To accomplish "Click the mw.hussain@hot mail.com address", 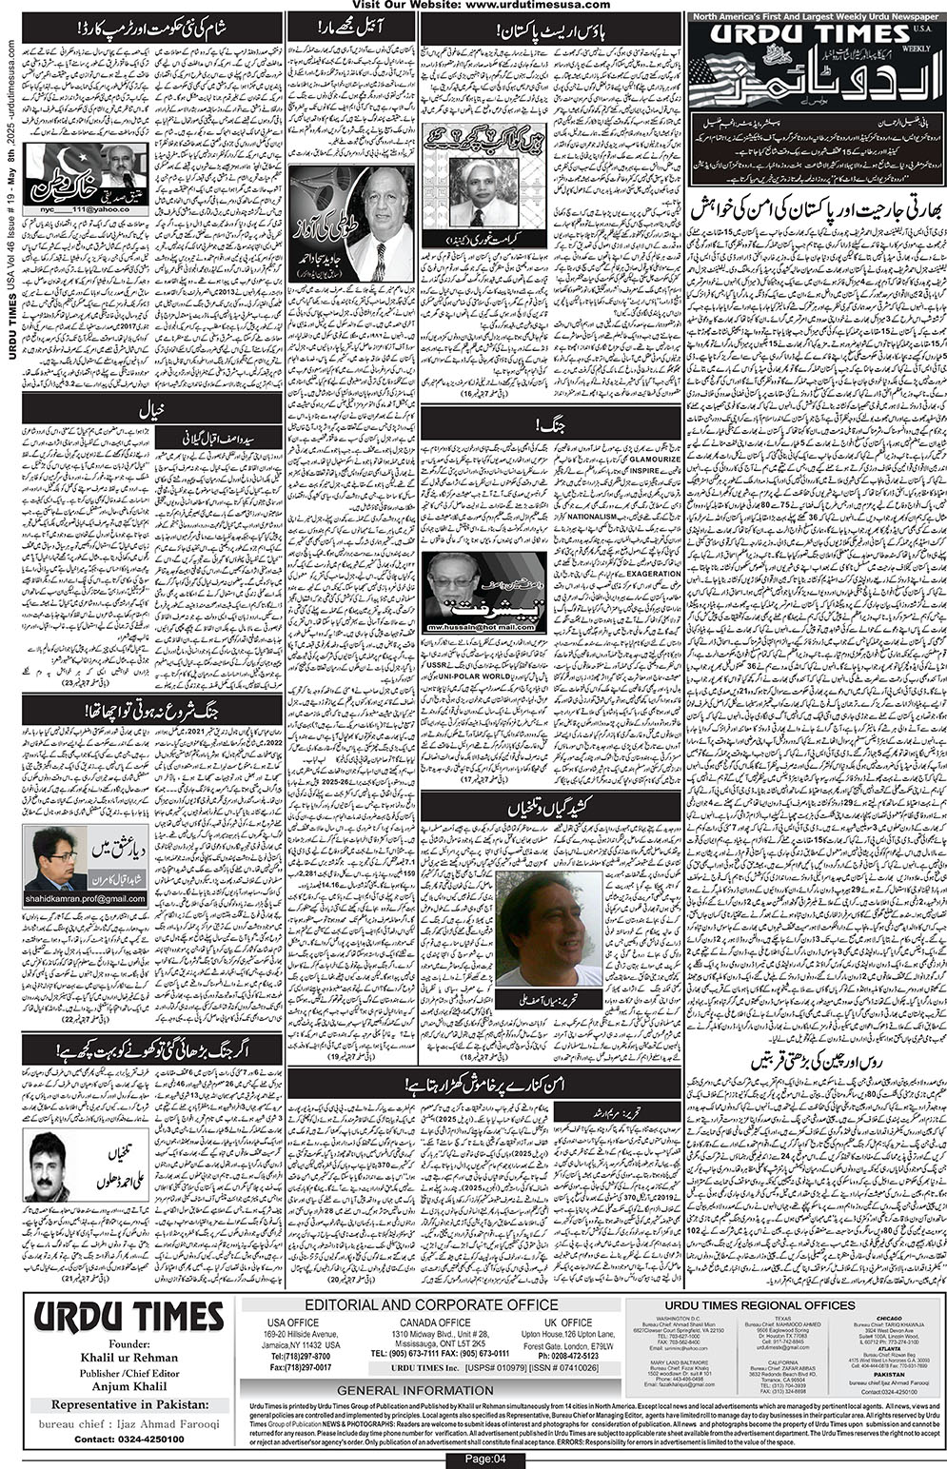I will [x=483, y=628].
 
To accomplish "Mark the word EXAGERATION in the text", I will [x=653, y=574].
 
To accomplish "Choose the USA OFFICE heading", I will [x=292, y=1322].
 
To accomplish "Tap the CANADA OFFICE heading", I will [x=435, y=1322].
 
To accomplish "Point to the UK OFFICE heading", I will [x=569, y=1322].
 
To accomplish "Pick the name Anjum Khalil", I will [x=129, y=1386].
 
